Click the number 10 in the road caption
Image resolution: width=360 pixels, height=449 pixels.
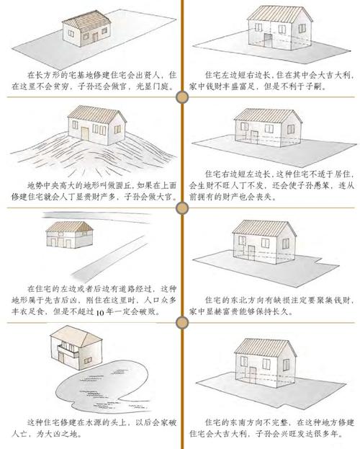[99, 312]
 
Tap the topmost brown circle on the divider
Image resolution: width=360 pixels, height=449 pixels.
[182, 97]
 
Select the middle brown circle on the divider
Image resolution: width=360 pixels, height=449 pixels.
[182, 208]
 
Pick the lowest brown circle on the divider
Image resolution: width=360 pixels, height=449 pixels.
[182, 323]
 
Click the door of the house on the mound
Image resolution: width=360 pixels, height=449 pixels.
[85, 134]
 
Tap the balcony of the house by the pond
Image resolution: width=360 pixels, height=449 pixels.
[68, 352]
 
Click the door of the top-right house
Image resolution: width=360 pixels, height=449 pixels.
[268, 40]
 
